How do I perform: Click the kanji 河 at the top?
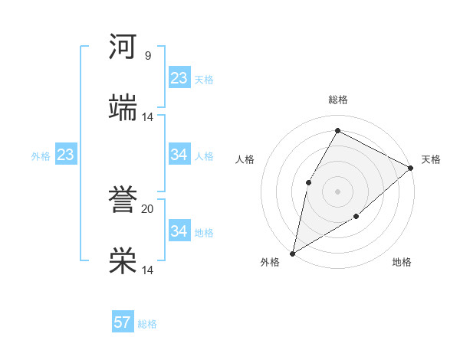(123, 47)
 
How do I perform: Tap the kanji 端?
(123, 108)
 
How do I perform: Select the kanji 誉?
(123, 200)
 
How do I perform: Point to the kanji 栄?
(123, 261)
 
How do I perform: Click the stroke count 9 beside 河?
(148, 56)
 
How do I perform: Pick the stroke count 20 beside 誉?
(148, 208)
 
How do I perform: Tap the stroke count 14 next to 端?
(148, 117)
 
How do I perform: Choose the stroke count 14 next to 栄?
(148, 270)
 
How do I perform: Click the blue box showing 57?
(123, 322)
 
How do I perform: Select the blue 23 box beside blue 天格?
(179, 78)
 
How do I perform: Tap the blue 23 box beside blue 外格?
(66, 155)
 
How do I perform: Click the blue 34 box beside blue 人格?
(179, 155)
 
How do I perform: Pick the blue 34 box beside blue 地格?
(179, 231)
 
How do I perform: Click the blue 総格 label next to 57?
(147, 324)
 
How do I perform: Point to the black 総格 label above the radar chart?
(338, 100)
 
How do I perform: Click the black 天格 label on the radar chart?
(431, 159)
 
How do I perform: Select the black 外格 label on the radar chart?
(270, 263)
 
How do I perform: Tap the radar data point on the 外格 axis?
(292, 253)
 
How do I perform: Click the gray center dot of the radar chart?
(337, 191)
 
